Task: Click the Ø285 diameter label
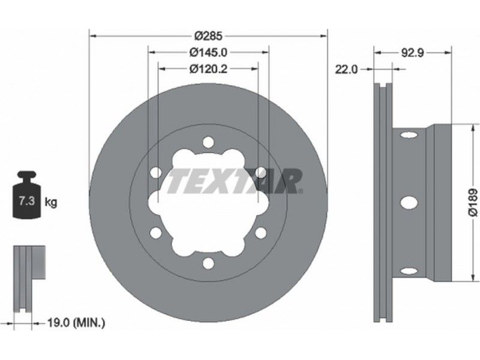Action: pos(208,36)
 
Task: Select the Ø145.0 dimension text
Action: pos(208,52)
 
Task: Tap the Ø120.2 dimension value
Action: pos(208,69)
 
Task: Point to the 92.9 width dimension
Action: pos(412,53)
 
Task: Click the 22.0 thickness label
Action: pos(346,70)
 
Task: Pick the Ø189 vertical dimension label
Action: pos(473,203)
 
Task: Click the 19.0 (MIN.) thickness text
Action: pos(76,322)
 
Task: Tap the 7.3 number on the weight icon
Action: pos(26,201)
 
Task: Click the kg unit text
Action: pos(51,202)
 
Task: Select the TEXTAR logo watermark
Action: pos(235,181)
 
